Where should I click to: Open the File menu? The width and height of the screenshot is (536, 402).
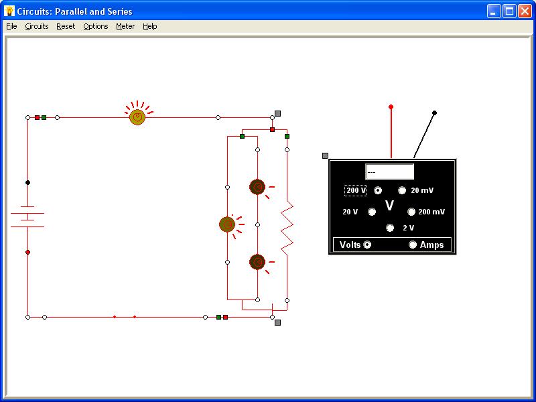11,26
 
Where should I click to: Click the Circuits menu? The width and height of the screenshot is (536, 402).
37,26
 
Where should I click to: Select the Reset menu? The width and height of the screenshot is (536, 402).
66,26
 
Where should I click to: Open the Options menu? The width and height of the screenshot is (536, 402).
96,26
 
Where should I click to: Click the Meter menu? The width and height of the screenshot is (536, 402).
125,26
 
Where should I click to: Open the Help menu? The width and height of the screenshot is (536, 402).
149,26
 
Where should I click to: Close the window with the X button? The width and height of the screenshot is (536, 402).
525,11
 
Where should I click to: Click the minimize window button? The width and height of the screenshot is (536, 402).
493,11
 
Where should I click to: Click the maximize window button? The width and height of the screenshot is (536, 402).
509,11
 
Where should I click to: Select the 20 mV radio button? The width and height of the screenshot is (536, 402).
402,190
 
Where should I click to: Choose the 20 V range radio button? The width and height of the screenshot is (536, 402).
372,212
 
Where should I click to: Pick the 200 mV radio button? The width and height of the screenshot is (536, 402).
411,212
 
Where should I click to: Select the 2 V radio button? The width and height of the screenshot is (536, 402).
390,228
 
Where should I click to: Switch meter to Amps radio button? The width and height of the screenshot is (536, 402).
413,245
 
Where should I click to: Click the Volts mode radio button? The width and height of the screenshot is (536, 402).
367,245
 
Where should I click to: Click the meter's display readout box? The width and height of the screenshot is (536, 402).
389,172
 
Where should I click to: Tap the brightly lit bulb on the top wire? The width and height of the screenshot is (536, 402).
137,117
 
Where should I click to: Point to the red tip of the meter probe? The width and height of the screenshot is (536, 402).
391,107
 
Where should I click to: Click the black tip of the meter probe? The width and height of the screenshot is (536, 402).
434,113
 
